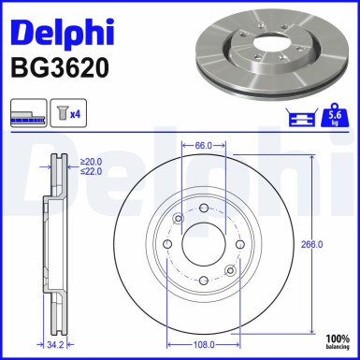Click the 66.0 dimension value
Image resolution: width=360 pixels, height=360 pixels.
[204, 146]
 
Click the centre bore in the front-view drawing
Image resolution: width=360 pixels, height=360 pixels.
[203, 244]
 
